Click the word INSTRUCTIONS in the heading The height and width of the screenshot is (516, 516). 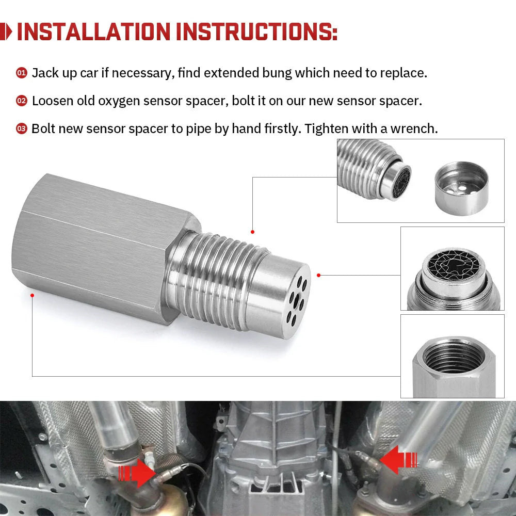pos(256,32)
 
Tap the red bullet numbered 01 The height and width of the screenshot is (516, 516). pos(21,73)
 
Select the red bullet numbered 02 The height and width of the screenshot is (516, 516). pos(21,101)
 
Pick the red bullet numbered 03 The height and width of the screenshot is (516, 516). pos(21,129)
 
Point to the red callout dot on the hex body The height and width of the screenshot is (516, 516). pos(33,295)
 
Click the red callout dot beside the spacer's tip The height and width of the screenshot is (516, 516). pos(319,275)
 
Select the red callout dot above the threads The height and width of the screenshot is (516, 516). pos(252,232)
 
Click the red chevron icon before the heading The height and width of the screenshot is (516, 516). pos(7,32)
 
